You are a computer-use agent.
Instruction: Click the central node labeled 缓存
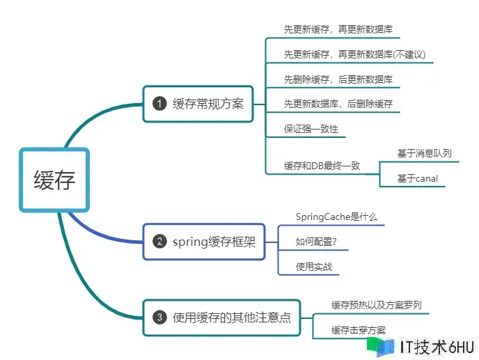pos(54,180)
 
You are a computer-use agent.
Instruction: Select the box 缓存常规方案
pos(198,104)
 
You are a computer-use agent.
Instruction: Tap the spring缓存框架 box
pos(204,242)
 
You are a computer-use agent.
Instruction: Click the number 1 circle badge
pos(159,104)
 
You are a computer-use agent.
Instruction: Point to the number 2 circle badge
pos(159,242)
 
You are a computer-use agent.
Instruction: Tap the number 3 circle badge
pos(159,318)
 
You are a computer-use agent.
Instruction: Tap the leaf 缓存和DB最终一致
pos(322,166)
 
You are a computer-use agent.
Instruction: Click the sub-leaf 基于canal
pos(417,179)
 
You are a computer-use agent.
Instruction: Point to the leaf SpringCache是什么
pos(336,217)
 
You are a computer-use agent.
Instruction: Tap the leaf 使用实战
pos(313,267)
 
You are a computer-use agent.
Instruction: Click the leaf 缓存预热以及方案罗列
pos(376,305)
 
